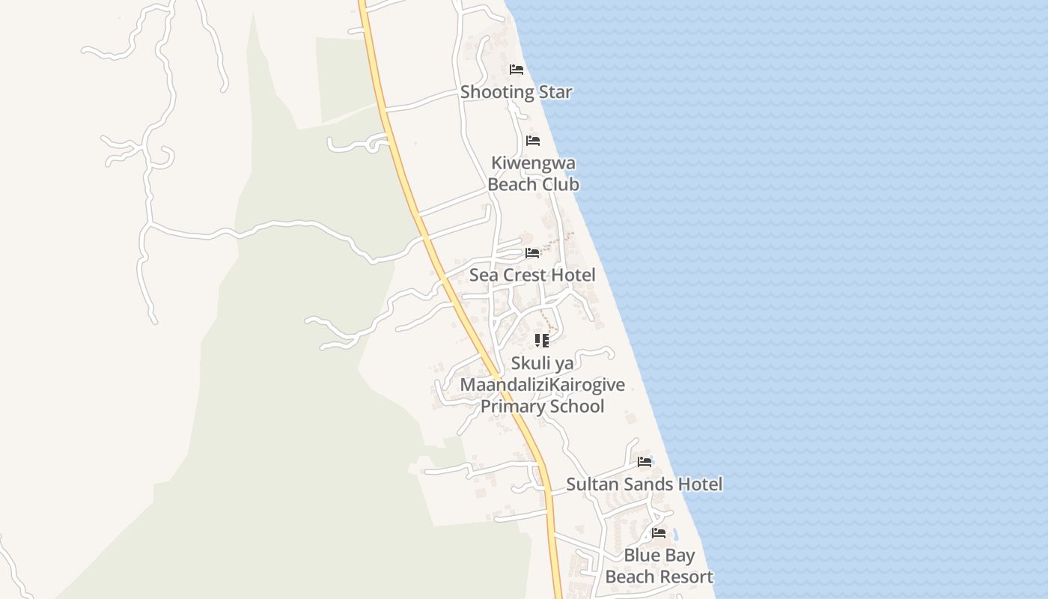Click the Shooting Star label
tap(516, 92)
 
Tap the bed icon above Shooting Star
tap(517, 70)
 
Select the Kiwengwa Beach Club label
tap(533, 174)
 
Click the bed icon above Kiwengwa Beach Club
tap(533, 141)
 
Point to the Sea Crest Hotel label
tap(532, 275)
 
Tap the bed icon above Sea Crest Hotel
tap(532, 253)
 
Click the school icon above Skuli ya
tap(542, 341)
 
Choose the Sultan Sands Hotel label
tap(644, 484)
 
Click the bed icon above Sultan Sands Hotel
tap(645, 462)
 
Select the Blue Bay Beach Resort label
tap(659, 566)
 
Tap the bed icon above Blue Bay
tap(659, 533)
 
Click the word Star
tap(555, 92)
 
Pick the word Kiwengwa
tap(533, 163)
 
